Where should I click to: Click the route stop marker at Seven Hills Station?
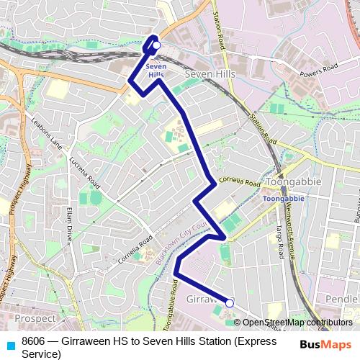[156, 45]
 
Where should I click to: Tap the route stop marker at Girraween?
[230, 303]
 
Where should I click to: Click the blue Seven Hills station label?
[156, 71]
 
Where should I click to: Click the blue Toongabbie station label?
[283, 198]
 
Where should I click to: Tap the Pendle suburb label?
[341, 298]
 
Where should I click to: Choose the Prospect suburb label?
[35, 318]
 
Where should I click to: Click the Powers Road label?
[320, 70]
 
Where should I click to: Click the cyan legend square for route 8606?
[9, 343]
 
